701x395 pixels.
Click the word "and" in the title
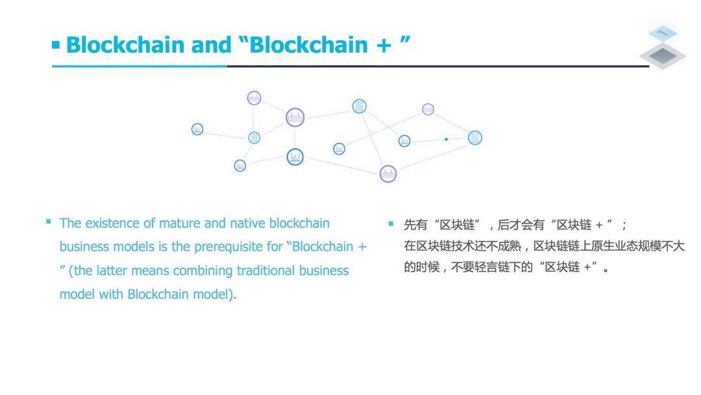click(x=211, y=45)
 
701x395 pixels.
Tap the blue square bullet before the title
click(x=56, y=45)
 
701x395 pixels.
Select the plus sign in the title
click(x=384, y=46)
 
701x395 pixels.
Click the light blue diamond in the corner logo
click(x=663, y=33)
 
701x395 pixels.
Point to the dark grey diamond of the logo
click(x=663, y=56)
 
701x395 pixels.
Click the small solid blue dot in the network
click(x=446, y=139)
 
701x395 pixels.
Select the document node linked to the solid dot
click(x=474, y=138)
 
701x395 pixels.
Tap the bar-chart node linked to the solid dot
click(x=404, y=141)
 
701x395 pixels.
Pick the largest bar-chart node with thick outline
click(x=295, y=157)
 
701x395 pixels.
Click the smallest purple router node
click(x=428, y=109)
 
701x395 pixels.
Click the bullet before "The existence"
click(x=48, y=222)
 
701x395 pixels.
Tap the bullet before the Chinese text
click(x=391, y=223)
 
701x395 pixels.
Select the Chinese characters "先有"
click(x=416, y=225)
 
